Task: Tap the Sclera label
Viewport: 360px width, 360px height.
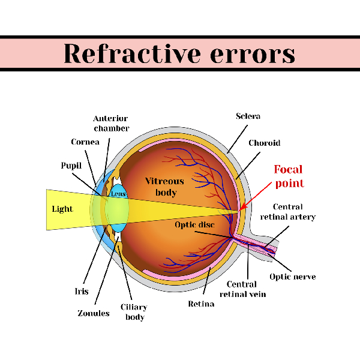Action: [x=248, y=116]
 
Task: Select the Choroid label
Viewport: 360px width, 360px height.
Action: [x=265, y=143]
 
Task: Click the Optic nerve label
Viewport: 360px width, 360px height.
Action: [x=293, y=277]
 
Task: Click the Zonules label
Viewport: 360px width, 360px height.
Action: [x=94, y=313]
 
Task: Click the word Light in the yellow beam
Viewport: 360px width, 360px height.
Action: [x=62, y=209]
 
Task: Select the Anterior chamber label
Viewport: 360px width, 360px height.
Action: [x=111, y=124]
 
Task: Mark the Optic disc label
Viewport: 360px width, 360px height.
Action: [x=194, y=225]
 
